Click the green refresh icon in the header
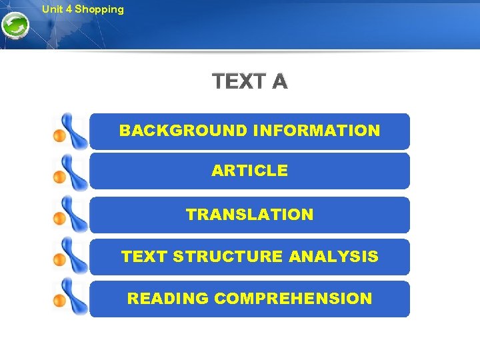(x=15, y=27)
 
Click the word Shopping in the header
(x=99, y=9)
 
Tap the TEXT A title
(x=249, y=82)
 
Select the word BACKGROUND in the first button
(x=183, y=131)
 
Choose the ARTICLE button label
(x=249, y=171)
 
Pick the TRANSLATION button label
(x=249, y=215)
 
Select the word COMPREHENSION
(x=293, y=299)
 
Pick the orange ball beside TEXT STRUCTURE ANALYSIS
(x=59, y=259)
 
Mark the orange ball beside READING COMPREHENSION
(x=59, y=301)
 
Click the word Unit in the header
(x=51, y=9)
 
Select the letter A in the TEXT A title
(x=279, y=82)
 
